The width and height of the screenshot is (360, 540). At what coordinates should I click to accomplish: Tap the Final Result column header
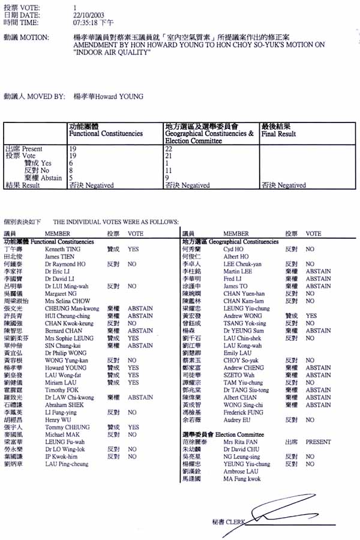tap(278, 134)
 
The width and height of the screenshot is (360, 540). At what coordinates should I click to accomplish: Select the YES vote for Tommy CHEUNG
tap(133, 427)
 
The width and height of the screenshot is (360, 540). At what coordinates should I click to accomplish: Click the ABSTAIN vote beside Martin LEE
tap(317, 271)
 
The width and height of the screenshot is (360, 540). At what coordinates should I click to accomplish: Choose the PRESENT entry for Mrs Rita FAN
tap(317, 442)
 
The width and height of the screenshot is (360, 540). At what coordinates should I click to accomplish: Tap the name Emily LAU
tap(236, 353)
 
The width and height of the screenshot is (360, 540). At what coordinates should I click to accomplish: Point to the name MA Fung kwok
tap(242, 479)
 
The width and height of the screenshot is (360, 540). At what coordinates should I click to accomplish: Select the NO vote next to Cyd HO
tap(310, 248)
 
